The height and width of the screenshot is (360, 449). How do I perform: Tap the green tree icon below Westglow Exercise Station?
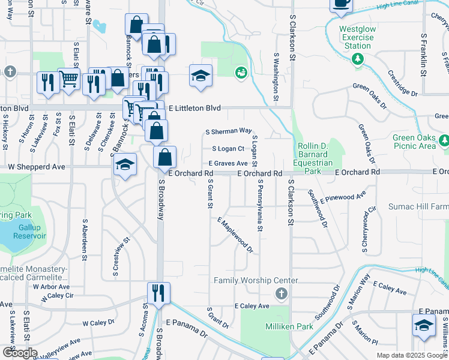tap(358, 58)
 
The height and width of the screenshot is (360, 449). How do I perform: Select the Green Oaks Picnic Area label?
tap(414, 142)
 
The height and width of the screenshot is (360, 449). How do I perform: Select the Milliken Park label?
tap(286, 326)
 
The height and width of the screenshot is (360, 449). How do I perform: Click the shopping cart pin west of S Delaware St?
tap(69, 78)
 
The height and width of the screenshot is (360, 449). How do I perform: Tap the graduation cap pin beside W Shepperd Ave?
tap(125, 165)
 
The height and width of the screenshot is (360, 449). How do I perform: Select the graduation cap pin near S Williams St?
tap(424, 325)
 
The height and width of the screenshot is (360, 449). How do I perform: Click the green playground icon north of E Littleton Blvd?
tap(241, 72)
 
